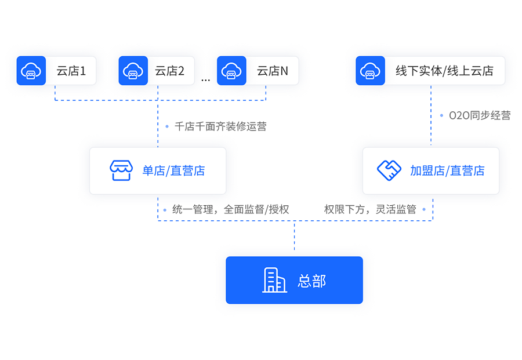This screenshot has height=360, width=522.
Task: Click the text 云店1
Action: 71,71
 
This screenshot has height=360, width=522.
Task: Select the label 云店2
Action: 169,71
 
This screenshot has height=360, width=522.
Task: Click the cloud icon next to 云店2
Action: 133,71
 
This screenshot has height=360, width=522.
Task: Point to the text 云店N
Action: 272,71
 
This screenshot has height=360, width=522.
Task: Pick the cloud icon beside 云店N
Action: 231,71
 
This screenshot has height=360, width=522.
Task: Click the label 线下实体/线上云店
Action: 444,71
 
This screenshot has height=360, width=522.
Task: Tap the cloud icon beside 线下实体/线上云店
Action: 370,71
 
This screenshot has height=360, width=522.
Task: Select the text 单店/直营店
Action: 173,170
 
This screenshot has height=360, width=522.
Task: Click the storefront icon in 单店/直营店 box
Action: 121,170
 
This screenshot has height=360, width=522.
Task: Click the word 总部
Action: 312,281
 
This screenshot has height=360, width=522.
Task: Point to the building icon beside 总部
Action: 274,281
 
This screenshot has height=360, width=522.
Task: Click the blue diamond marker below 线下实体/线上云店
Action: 430,116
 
